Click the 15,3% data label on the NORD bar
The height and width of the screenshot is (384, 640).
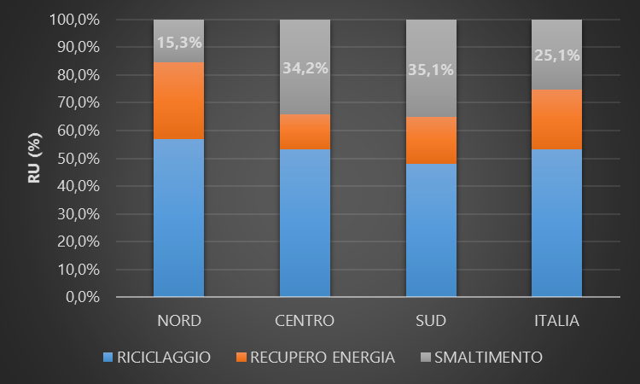coord(178,41)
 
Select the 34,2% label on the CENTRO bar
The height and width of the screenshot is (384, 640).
coord(305,68)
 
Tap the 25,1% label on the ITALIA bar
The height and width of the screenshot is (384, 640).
coord(556,55)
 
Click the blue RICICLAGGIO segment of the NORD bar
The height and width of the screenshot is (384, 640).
coord(178,218)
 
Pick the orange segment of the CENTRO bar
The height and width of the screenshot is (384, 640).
coord(305,131)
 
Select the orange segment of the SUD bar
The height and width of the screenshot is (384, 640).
coord(431,140)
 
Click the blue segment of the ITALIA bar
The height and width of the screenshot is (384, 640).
coord(556,223)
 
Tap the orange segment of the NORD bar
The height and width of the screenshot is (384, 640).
coord(178,101)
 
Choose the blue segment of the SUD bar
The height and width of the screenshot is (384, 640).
coord(431,230)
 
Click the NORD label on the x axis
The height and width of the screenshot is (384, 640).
coord(178,322)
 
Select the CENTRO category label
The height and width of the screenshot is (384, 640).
coord(305,322)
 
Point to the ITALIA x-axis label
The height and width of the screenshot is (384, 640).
coord(556,322)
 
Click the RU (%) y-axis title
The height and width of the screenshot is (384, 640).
coord(35,159)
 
